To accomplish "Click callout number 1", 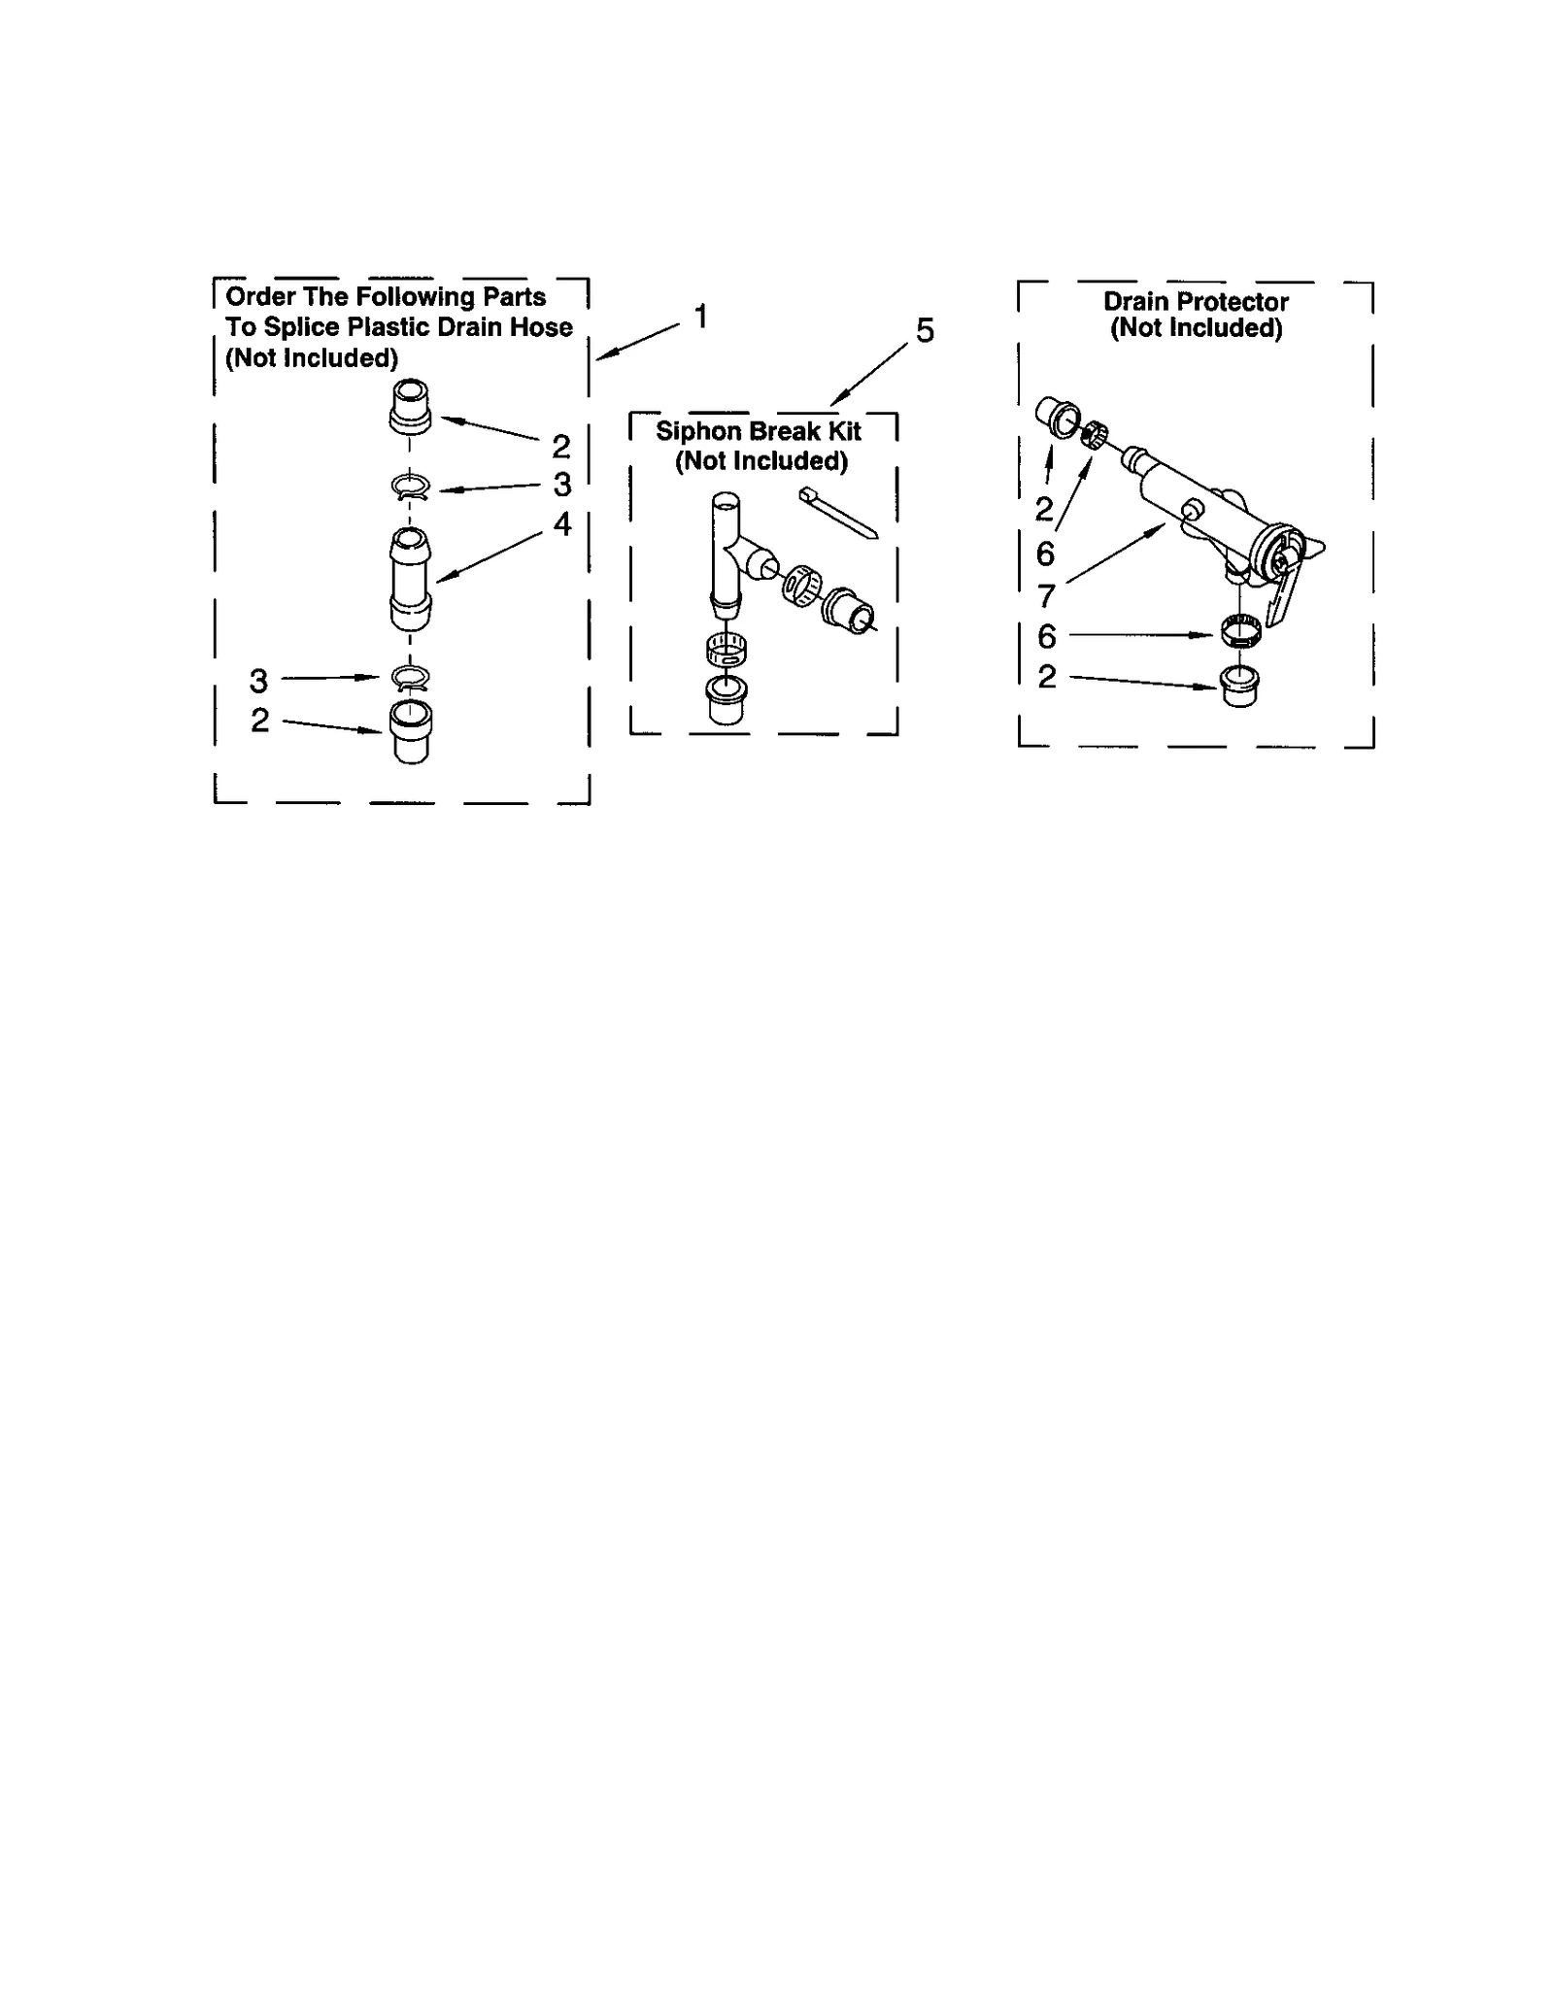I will [700, 317].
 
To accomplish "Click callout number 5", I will [925, 331].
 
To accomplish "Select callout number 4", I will [562, 524].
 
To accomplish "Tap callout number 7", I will [1046, 593].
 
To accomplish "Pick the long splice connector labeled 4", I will [411, 579].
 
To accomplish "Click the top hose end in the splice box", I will [411, 406].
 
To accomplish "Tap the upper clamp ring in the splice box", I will [411, 486].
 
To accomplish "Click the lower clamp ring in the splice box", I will [411, 677].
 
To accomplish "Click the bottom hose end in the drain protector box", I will [1238, 686].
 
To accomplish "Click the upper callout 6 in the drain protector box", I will [1045, 554].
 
